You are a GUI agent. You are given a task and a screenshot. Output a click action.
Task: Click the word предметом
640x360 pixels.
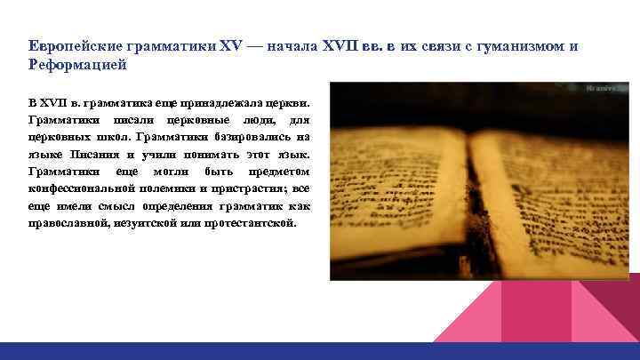pos(282,171)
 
